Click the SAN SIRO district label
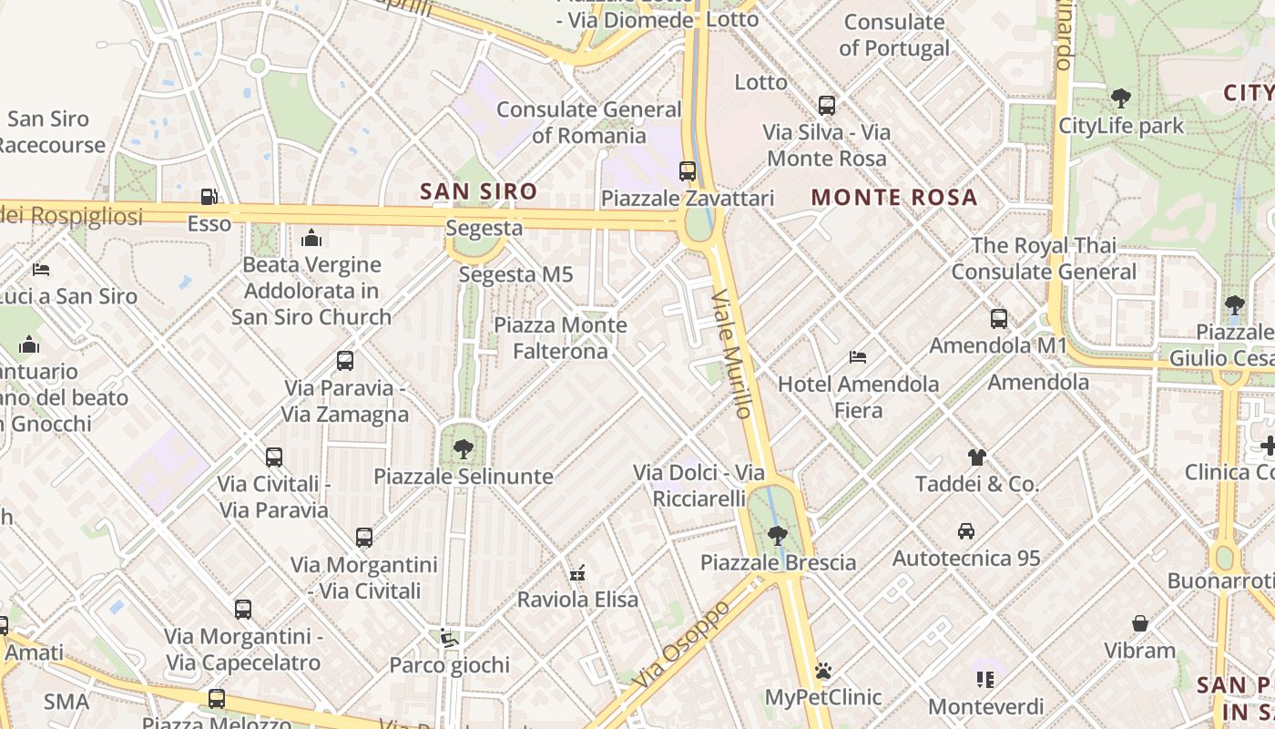coord(478,191)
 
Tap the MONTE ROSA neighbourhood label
coord(893,197)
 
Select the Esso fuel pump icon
coord(209,197)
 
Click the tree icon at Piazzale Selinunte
coord(464,448)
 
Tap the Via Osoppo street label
coord(683,643)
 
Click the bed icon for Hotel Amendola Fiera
coord(857,356)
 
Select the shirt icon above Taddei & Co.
coord(976,457)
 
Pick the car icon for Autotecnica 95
coord(966,530)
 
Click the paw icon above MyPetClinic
coord(823,671)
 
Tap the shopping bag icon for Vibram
coord(1139,623)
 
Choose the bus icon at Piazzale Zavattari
coord(688,170)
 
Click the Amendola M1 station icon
coord(999,319)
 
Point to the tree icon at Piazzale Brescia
coord(777,535)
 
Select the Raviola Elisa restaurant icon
coord(577,572)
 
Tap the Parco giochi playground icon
coord(448,637)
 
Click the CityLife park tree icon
coord(1121,98)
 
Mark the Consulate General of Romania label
coord(588,122)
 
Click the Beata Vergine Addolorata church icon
coord(311,238)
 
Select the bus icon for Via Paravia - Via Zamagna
coord(345,361)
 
